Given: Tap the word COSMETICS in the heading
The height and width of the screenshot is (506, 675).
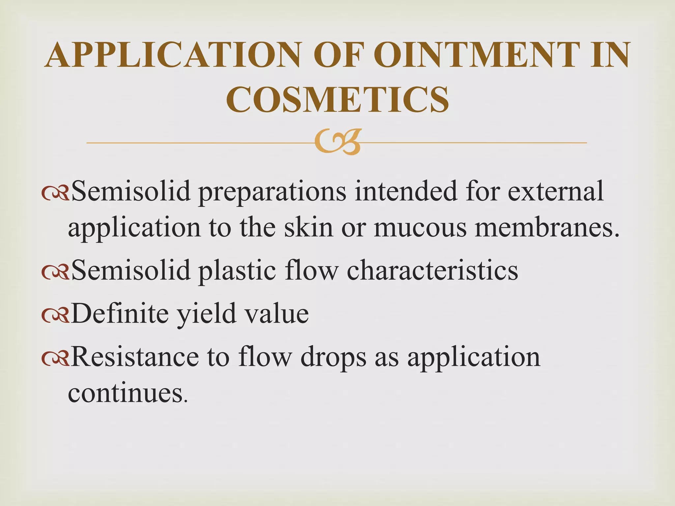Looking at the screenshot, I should pyautogui.click(x=337, y=99).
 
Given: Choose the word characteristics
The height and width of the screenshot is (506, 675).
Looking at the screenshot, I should pyautogui.click(x=432, y=270).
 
